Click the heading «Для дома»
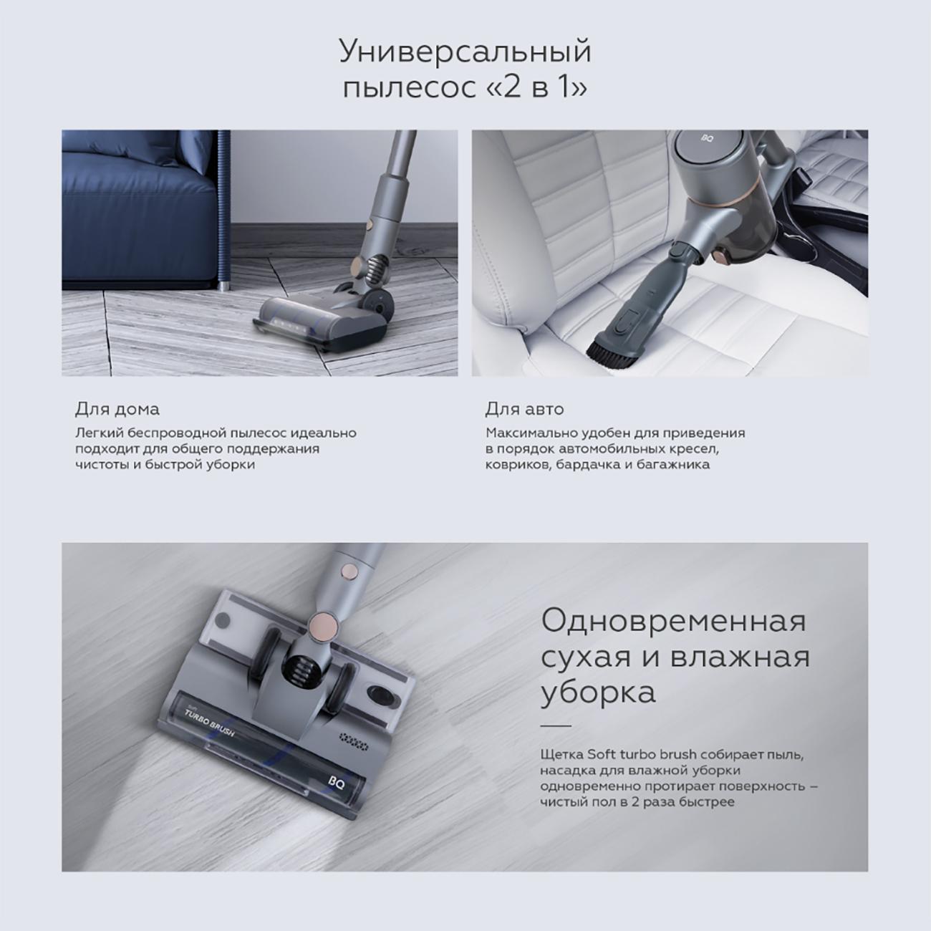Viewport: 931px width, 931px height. [117, 409]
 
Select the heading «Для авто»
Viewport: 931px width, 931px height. [524, 409]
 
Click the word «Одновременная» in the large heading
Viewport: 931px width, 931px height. [673, 620]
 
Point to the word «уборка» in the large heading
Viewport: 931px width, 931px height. [598, 693]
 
